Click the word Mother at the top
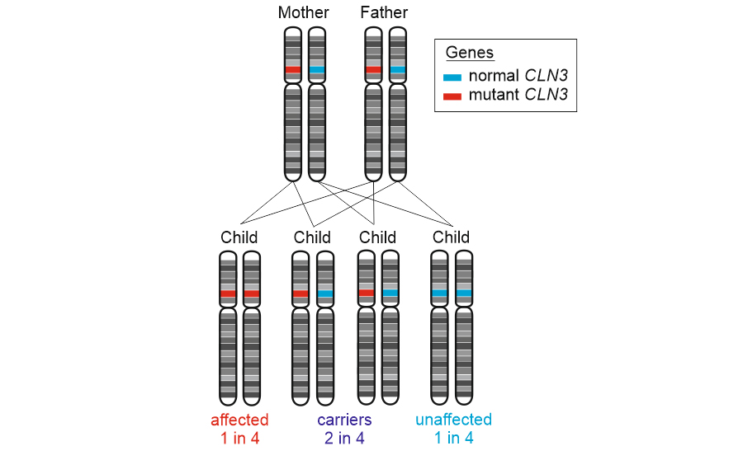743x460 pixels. [303, 12]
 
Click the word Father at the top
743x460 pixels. [384, 12]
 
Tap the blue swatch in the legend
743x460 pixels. [452, 77]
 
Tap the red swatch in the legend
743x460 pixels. [452, 96]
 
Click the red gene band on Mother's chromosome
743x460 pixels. [292, 70]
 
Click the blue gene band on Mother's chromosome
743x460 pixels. [317, 70]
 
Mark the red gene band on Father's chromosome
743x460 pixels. [373, 70]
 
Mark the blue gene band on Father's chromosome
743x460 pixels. [398, 70]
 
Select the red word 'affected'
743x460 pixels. [239, 420]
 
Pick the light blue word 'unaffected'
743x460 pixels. [453, 420]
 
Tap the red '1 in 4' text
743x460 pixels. [239, 439]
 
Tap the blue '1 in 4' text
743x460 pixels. [453, 439]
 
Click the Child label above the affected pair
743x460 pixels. [239, 237]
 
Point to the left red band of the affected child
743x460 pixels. [228, 293]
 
